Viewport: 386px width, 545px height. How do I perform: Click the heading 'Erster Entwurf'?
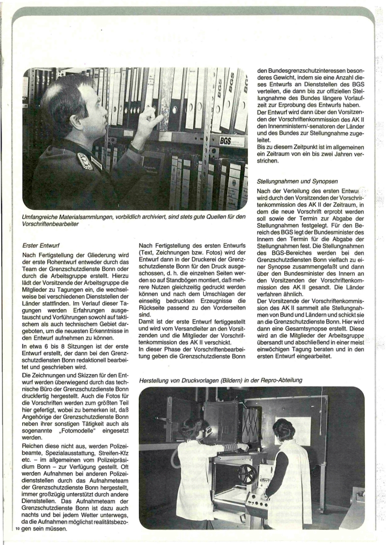click(46, 245)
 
